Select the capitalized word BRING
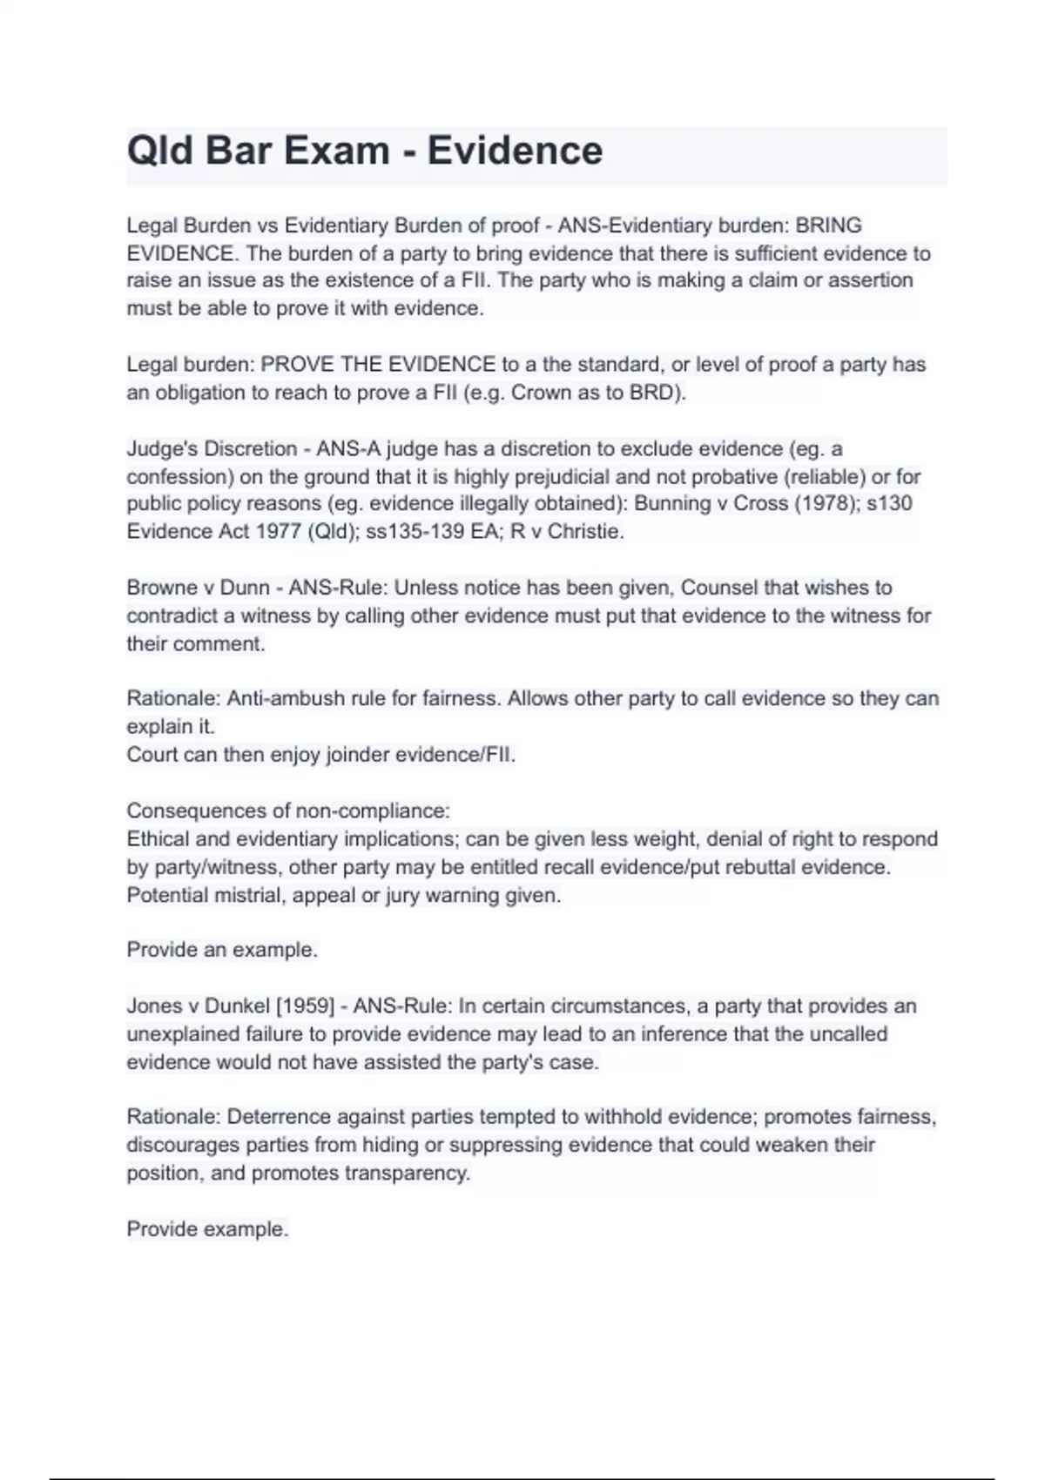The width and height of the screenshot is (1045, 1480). (x=828, y=225)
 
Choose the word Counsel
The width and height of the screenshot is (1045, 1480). (x=718, y=588)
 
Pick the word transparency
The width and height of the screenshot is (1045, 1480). (x=407, y=1173)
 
